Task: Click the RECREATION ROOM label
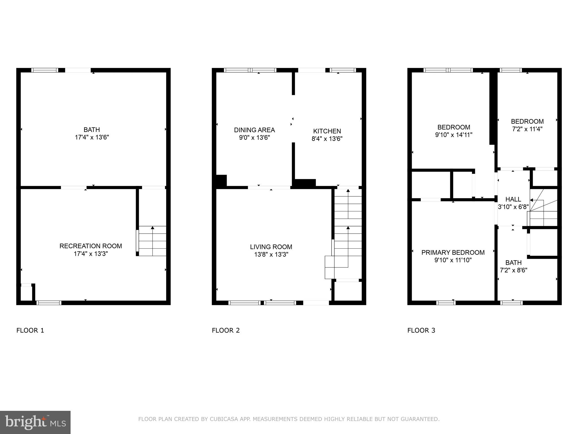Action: coord(91,246)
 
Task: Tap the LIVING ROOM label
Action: coord(271,247)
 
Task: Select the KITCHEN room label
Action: coord(327,131)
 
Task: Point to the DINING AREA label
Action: coord(254,130)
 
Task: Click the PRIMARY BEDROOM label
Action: coord(453,253)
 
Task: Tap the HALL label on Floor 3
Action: coord(513,199)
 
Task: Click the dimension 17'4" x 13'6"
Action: coord(92,137)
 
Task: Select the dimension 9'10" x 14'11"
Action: coord(454,135)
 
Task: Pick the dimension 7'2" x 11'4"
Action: coord(527,129)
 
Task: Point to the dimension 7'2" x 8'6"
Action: coord(513,270)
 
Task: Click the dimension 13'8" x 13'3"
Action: coord(271,255)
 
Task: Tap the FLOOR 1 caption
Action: coord(30,330)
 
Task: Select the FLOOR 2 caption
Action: coord(226,330)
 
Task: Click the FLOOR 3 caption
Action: coord(421,330)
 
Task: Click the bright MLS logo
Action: coord(35,422)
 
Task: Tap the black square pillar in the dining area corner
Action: coord(221,181)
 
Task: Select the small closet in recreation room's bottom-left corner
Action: coord(27,293)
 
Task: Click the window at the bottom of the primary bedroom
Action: coord(446,303)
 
